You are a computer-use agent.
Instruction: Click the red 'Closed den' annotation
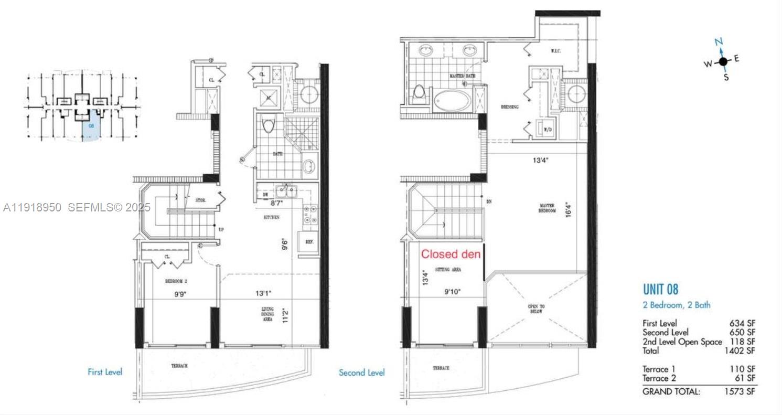click(x=451, y=254)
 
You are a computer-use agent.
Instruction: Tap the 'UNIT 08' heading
click(x=660, y=289)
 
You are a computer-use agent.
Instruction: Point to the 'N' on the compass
click(x=719, y=42)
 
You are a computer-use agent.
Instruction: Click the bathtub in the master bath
click(x=452, y=100)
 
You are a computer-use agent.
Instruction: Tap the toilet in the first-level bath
click(x=268, y=126)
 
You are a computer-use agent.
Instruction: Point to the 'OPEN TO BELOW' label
click(x=535, y=308)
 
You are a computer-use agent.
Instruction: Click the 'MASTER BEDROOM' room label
click(x=547, y=208)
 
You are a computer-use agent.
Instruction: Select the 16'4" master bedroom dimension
click(x=569, y=208)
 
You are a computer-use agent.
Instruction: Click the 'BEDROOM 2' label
click(x=176, y=281)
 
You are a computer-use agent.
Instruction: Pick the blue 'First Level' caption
click(x=105, y=372)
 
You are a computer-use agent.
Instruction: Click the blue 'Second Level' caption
click(x=361, y=373)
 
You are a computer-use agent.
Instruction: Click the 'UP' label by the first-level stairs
click(x=221, y=229)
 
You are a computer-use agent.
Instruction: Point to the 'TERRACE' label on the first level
click(x=179, y=366)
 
